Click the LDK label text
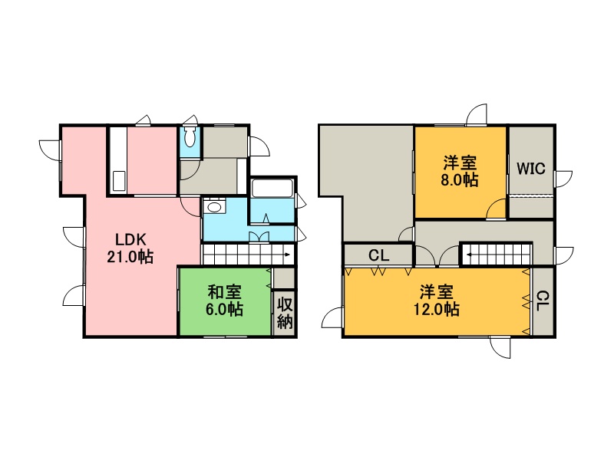(130, 239)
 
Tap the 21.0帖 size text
(130, 257)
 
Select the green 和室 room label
(224, 292)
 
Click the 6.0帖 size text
(224, 310)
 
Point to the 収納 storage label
(285, 313)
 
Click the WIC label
(530, 169)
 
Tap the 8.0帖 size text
(460, 180)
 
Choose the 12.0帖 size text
(437, 310)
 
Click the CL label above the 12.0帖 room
(378, 256)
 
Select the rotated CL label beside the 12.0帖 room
(543, 301)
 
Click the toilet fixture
(190, 137)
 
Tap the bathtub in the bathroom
(272, 188)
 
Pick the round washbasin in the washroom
(214, 206)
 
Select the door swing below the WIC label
(497, 209)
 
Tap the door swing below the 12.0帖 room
(500, 347)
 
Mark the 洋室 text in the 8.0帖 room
(460, 163)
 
